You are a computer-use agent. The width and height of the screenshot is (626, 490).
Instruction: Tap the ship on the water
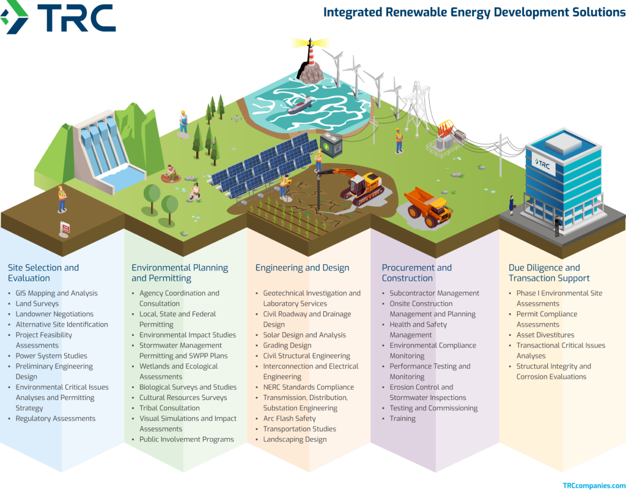(299, 105)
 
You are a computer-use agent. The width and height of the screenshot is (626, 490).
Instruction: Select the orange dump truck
(429, 207)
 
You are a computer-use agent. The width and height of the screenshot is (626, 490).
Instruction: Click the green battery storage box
(331, 145)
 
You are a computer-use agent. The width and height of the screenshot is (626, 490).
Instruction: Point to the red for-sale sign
(65, 228)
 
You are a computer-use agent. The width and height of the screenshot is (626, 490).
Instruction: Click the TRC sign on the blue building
(543, 164)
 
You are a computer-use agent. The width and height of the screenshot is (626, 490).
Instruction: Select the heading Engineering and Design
(302, 267)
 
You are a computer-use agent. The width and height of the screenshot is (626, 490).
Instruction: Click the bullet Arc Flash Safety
(289, 418)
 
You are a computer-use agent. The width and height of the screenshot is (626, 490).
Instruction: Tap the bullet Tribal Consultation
(169, 408)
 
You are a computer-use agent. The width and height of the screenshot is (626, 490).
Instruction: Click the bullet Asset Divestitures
(545, 335)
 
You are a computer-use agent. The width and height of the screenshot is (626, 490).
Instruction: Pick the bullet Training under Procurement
(402, 418)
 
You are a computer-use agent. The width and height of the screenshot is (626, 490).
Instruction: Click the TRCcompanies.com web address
(594, 486)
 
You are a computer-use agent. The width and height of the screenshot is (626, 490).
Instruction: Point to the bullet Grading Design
(287, 345)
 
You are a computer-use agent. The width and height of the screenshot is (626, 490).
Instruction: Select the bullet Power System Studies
(51, 355)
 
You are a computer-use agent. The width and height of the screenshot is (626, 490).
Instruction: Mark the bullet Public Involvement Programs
(186, 439)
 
